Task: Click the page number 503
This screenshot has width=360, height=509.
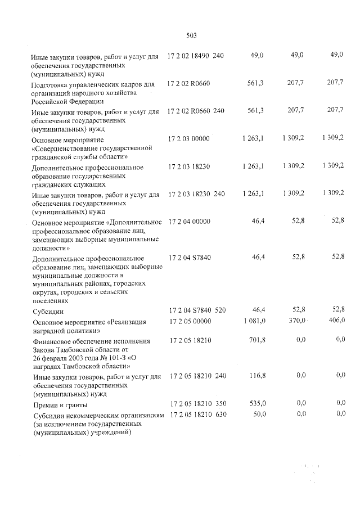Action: tap(191, 35)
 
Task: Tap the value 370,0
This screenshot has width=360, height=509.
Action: tap(296, 321)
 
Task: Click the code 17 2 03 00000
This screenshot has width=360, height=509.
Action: tap(188, 138)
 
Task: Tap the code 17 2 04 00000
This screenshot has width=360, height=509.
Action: tap(188, 222)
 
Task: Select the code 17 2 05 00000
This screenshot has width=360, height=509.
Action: tap(188, 321)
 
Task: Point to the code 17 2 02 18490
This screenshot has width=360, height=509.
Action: tap(188, 55)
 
